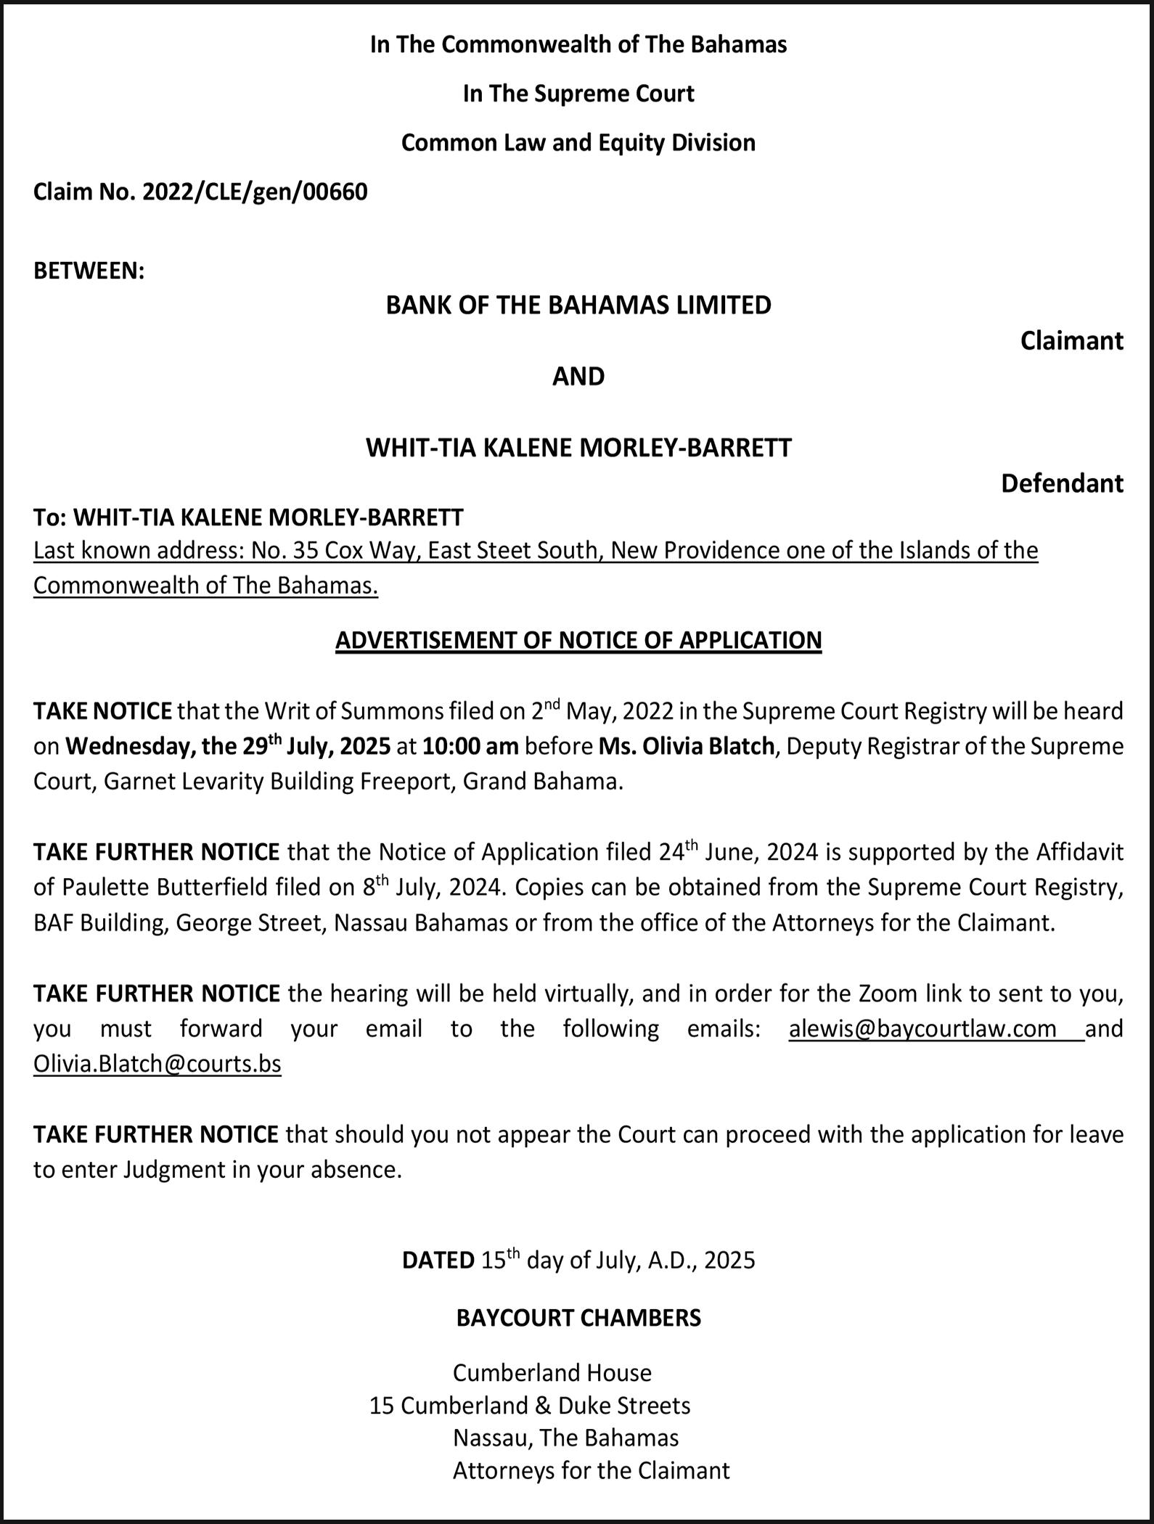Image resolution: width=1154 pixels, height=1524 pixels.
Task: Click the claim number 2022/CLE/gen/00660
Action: pyautogui.click(x=255, y=192)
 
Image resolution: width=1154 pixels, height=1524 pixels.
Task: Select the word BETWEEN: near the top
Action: pyautogui.click(x=89, y=271)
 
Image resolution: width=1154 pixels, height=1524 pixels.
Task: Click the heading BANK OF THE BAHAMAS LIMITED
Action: pyautogui.click(x=578, y=305)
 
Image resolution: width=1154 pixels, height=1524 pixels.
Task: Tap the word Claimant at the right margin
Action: pyautogui.click(x=1071, y=340)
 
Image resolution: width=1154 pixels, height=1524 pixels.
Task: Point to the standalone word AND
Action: pyautogui.click(x=578, y=376)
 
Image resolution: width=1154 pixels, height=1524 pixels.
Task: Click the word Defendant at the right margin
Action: pyautogui.click(x=1062, y=483)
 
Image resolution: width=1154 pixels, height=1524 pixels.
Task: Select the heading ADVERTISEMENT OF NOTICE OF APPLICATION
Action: pyautogui.click(x=578, y=640)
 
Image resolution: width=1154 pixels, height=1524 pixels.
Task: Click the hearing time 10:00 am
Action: pyautogui.click(x=470, y=746)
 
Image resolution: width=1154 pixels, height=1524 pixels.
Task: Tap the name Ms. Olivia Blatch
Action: pyautogui.click(x=687, y=746)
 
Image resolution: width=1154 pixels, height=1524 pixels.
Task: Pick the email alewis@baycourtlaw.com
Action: pyautogui.click(x=922, y=1029)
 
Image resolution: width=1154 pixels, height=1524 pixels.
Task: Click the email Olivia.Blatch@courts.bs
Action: pyautogui.click(x=157, y=1064)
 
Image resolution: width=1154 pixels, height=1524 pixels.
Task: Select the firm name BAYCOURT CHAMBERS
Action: pyautogui.click(x=578, y=1317)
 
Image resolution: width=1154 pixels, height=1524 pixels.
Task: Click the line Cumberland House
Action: pyautogui.click(x=552, y=1373)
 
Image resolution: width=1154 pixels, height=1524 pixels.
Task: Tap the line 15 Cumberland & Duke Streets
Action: pyautogui.click(x=530, y=1406)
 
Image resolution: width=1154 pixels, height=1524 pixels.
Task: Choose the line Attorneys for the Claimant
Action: pyautogui.click(x=591, y=1470)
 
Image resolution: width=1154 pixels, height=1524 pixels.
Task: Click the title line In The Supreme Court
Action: pyautogui.click(x=578, y=94)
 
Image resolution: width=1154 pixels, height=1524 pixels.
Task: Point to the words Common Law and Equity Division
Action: pyautogui.click(x=578, y=142)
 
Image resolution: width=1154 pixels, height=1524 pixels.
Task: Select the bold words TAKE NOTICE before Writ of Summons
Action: pyautogui.click(x=102, y=711)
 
